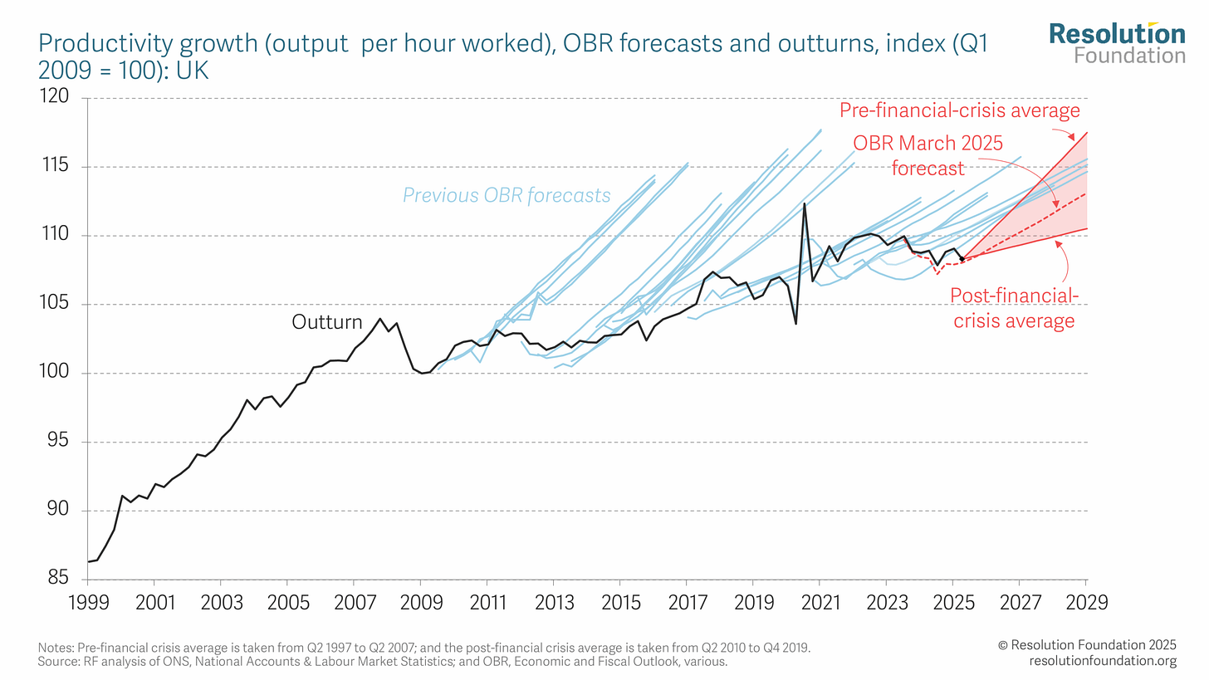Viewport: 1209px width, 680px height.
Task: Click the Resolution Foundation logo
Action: tap(1118, 43)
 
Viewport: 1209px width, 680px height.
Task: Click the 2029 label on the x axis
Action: tap(1086, 602)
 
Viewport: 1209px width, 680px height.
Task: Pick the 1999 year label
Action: tap(89, 602)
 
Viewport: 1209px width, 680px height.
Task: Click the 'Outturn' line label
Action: tap(327, 322)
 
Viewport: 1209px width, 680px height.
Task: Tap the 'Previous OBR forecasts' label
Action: tap(507, 195)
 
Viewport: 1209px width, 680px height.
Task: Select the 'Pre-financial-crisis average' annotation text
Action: tap(960, 110)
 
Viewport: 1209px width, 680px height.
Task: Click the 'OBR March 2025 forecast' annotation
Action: tap(928, 155)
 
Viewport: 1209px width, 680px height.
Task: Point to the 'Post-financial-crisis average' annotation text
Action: tap(1014, 308)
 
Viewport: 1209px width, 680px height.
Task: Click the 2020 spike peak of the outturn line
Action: tap(804, 203)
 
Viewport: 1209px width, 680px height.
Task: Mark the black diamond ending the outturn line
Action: tap(962, 259)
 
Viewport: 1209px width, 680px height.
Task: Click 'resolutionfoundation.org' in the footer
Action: tap(1103, 661)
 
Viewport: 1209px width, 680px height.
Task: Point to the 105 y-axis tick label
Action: tap(55, 303)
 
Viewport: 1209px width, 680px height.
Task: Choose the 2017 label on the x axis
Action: tap(688, 602)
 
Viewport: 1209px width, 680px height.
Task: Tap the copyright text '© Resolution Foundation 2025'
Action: tap(1087, 645)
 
